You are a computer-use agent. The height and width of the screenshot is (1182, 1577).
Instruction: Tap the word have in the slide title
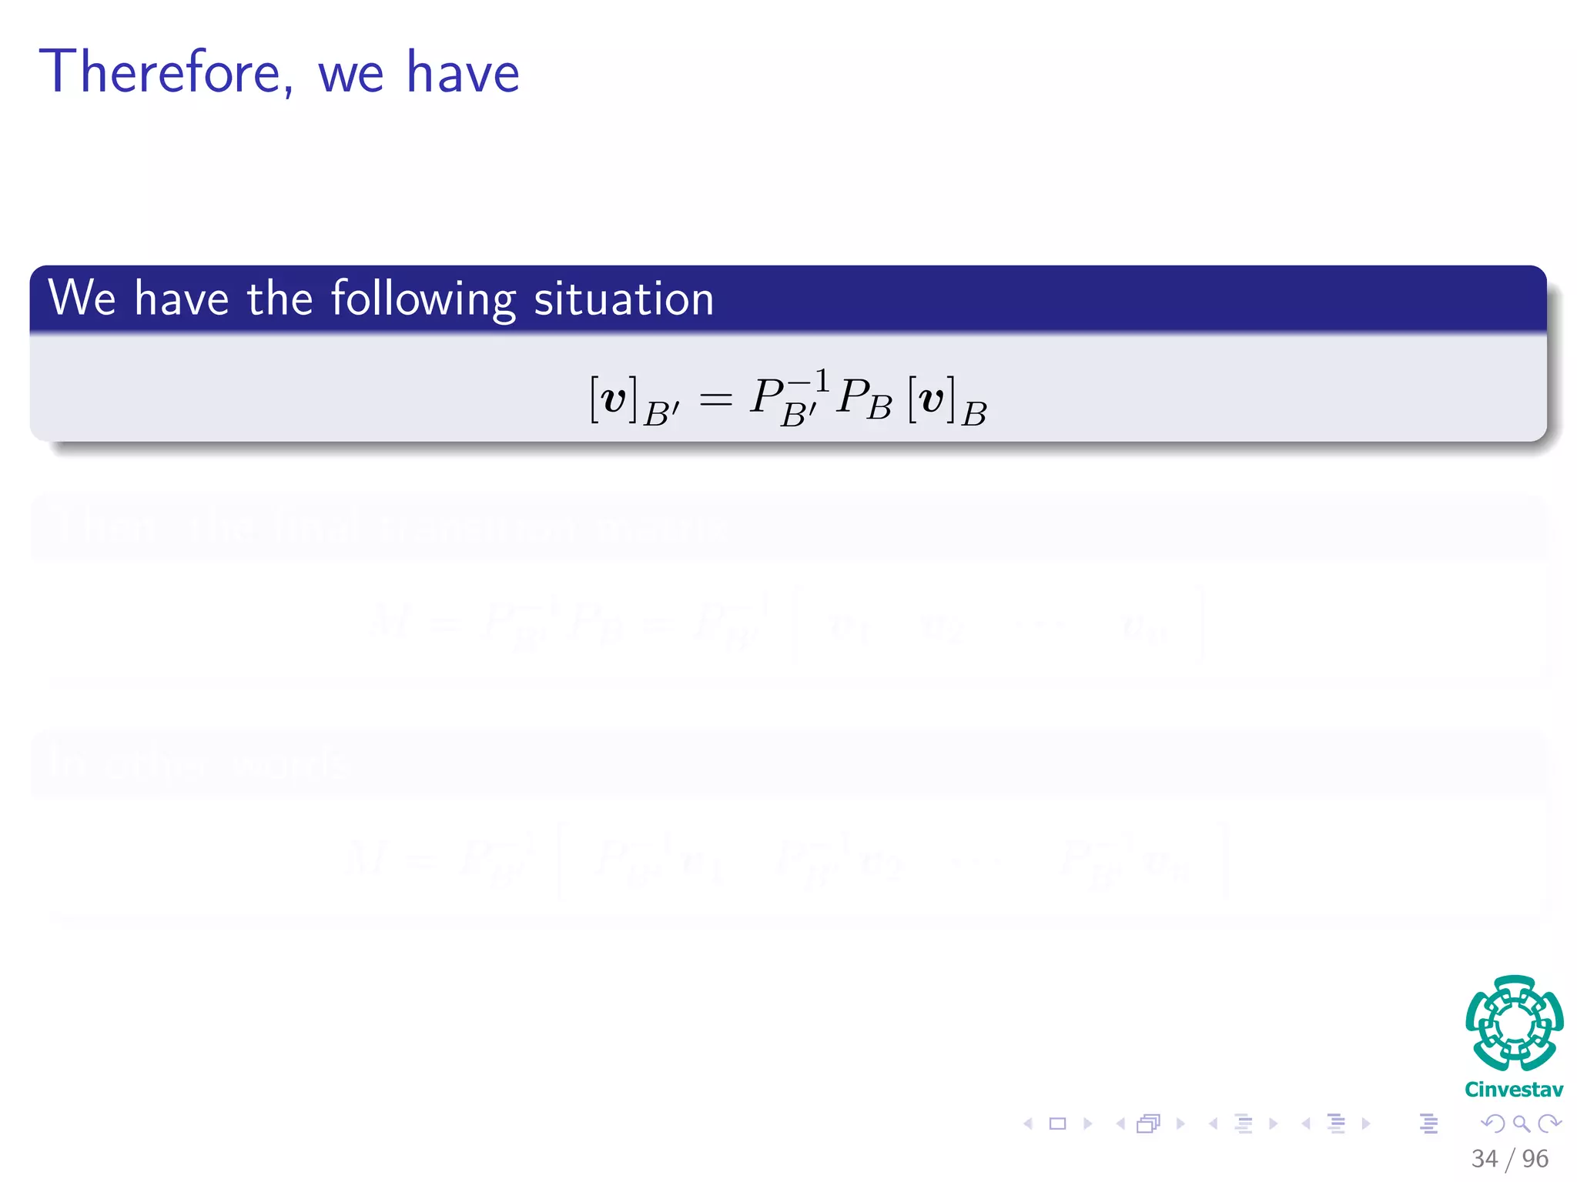pos(463,72)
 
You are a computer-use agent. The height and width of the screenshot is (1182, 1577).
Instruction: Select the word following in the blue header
pos(423,299)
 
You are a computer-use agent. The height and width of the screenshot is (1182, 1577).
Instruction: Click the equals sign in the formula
pos(715,399)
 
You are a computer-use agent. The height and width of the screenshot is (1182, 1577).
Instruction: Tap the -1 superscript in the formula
pos(809,381)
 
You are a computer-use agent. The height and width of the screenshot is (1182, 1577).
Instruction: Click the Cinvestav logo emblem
pos(1514,1023)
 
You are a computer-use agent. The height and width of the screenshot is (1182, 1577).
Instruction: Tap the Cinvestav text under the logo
pos(1514,1090)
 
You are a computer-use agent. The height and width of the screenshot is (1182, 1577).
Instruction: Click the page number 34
pos(1484,1158)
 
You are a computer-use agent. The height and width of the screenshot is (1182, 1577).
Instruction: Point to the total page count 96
pos(1535,1158)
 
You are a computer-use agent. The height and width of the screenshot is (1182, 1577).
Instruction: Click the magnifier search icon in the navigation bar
pos(1521,1124)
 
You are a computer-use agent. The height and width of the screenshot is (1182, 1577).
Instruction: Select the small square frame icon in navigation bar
pos(1058,1124)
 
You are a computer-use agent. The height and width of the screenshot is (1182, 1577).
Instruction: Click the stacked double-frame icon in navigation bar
pos(1148,1124)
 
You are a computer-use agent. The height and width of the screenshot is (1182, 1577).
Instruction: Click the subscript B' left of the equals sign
pos(661,414)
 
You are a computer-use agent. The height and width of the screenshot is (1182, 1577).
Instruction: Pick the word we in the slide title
pos(350,74)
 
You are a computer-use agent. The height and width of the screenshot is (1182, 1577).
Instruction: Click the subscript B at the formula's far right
pos(974,414)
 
